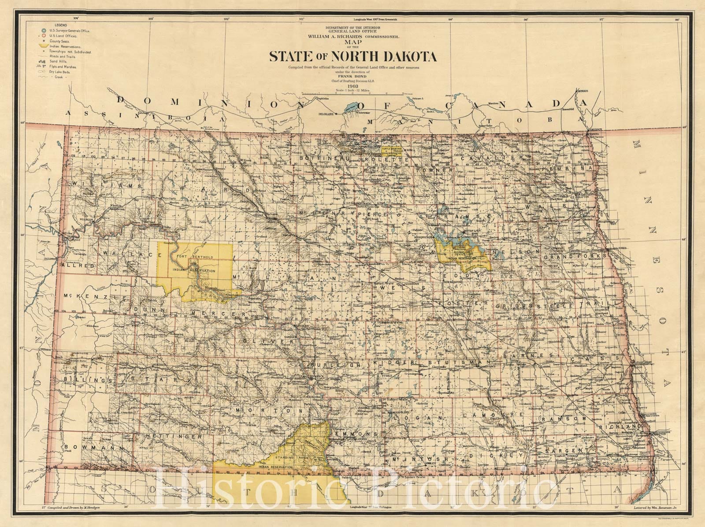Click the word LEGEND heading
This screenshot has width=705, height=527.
click(61, 25)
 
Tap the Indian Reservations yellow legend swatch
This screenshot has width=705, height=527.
click(44, 46)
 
